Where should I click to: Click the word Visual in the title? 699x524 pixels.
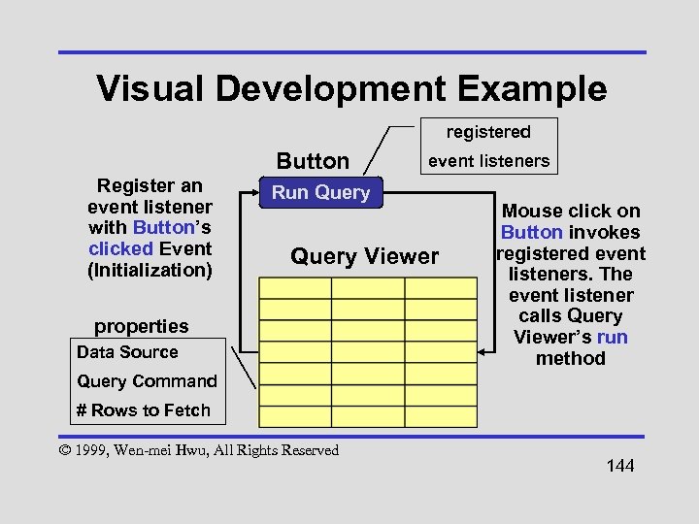coord(151,88)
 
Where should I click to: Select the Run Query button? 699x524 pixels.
coord(320,192)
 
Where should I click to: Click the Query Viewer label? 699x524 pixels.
coord(365,256)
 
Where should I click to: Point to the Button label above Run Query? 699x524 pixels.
coord(313,160)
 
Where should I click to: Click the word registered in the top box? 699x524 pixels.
coord(488,131)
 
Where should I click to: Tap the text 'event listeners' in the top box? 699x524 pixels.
coord(488,161)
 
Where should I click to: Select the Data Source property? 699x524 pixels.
coord(127,351)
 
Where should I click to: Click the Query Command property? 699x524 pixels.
coord(147,380)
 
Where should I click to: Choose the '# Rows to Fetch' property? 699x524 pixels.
coord(144,409)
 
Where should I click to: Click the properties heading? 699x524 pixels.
coord(141,325)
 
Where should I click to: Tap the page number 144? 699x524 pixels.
coord(619,467)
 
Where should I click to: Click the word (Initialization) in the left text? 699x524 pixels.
coord(150,269)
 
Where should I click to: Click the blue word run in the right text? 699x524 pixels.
coord(613,337)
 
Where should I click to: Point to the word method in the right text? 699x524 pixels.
coord(571,358)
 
